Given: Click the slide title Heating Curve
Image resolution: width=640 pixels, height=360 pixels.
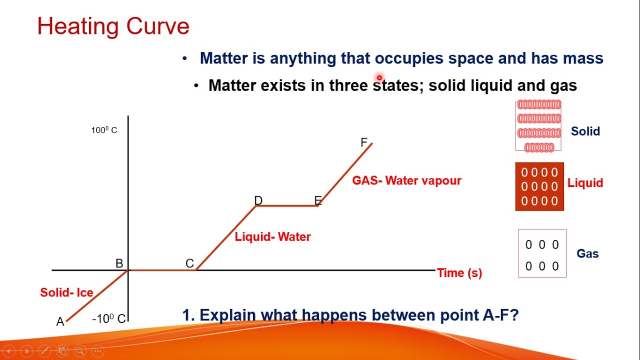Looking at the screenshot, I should (113, 26).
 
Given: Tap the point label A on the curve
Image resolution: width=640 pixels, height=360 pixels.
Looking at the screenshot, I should (60, 322).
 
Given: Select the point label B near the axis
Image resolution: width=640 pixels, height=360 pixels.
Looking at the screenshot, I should (119, 263).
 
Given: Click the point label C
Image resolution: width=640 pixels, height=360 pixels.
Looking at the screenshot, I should (189, 263).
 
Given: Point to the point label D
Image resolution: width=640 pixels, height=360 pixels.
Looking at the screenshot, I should (258, 200).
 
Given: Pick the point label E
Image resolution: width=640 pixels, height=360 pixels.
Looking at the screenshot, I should (318, 200).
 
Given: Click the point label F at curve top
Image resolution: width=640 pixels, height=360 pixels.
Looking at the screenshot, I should (364, 142).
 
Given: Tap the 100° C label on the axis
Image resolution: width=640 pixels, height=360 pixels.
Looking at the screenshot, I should (104, 130).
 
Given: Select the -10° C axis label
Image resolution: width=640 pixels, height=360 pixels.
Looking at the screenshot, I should (109, 318).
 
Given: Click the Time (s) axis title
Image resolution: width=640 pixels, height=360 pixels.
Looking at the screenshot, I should (459, 273).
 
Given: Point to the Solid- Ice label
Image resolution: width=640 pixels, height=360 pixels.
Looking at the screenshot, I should (66, 292).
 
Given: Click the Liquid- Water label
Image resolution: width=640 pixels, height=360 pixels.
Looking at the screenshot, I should (272, 236).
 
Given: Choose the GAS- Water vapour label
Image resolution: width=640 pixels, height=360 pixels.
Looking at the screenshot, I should (406, 180).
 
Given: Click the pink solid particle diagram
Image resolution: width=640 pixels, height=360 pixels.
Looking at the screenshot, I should (538, 125).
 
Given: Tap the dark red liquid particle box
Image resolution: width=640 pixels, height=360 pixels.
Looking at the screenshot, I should (539, 186).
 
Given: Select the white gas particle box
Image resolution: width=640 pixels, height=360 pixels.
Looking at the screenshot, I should (542, 253).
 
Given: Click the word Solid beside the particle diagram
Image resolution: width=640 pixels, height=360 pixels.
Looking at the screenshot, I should (585, 131).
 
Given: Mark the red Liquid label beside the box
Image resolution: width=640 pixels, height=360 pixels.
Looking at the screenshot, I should (585, 183).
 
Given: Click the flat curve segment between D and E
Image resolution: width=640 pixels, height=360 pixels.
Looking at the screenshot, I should (287, 205).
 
